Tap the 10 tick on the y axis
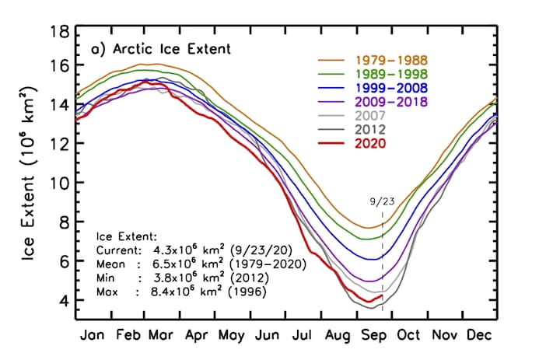(61, 183)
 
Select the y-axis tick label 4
(66, 301)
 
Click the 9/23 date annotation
(381, 200)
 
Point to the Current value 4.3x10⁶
(181, 250)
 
